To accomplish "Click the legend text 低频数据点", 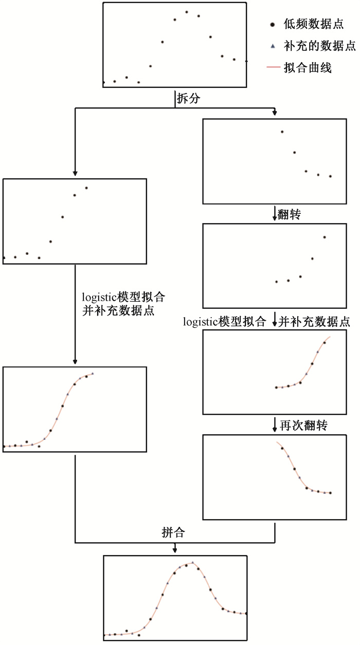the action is tap(314, 24).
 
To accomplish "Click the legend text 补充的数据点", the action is tap(320, 46).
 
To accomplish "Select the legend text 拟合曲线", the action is tap(308, 68).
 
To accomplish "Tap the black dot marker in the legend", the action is tap(273, 25).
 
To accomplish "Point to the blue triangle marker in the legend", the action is tap(273, 46).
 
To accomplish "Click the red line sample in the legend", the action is tap(273, 67).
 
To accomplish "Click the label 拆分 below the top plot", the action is tap(188, 99).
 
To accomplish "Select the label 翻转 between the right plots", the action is tap(289, 214).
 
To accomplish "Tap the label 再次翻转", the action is tap(304, 426).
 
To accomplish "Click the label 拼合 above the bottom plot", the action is tap(173, 532).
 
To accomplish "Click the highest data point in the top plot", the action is tap(187, 12).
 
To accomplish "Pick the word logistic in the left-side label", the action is tap(99, 297).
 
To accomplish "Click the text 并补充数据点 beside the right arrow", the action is tap(314, 322).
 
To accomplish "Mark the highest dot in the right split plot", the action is tap(282, 132).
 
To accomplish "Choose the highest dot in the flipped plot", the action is tap(325, 237).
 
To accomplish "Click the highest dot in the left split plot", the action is tap(86, 188).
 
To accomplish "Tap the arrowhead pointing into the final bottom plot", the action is tap(175, 550).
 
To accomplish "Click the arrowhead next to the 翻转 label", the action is tap(275, 218).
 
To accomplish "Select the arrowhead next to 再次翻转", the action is tap(275, 429).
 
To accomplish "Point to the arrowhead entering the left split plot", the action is tap(75, 173).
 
